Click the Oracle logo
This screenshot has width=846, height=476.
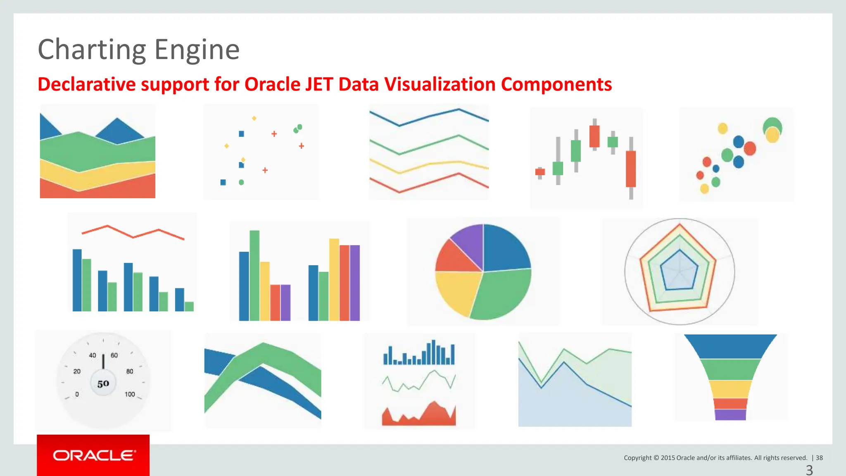point(93,455)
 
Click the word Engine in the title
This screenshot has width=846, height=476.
point(197,50)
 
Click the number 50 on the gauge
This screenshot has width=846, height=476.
point(103,384)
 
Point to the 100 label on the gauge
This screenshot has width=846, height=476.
point(130,394)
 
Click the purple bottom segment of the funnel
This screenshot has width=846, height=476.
point(730,414)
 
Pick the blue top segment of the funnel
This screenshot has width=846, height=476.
point(730,346)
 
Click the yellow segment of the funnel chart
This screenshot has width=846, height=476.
point(730,389)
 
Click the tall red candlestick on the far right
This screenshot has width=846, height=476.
point(631,169)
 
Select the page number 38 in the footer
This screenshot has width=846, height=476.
point(819,458)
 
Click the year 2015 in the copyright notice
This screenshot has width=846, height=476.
point(668,458)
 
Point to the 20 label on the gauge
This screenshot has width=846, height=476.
point(77,371)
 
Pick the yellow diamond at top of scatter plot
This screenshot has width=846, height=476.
point(254,118)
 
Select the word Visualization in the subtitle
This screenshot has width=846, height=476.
point(440,84)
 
